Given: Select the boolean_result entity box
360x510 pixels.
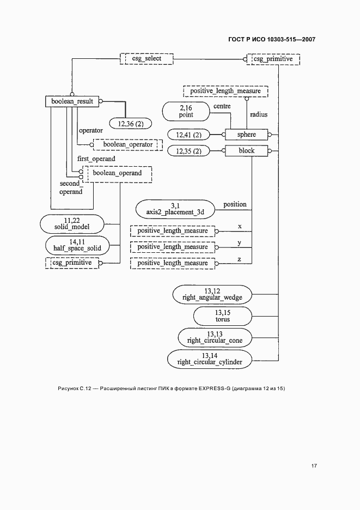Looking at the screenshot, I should click(x=72, y=101).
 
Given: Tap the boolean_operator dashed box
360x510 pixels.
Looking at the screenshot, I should click(x=128, y=144).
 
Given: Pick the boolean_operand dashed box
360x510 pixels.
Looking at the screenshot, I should click(x=117, y=173).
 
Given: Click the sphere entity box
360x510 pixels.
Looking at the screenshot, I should click(x=246, y=134).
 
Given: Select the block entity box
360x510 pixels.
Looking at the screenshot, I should click(x=246, y=151).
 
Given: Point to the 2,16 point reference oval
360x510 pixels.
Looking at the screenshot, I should click(x=186, y=112).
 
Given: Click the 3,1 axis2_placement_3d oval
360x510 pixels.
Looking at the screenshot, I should click(x=175, y=209).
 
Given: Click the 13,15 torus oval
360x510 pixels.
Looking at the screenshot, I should click(x=222, y=315).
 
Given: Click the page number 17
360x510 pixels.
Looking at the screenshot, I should click(x=314, y=466).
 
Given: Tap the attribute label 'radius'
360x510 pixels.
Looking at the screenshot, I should click(x=259, y=115).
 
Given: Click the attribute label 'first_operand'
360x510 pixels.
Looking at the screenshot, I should click(x=96, y=159).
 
